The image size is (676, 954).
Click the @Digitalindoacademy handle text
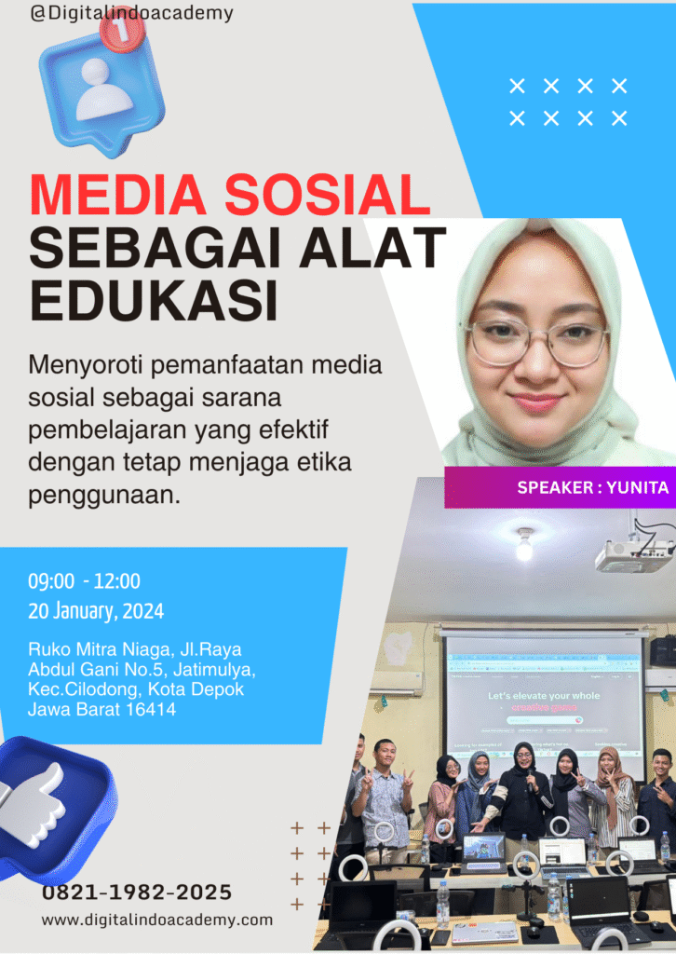click(x=131, y=13)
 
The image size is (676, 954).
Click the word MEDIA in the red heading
click(x=118, y=195)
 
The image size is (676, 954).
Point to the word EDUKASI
click(x=154, y=300)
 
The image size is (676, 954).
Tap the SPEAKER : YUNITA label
click(x=593, y=487)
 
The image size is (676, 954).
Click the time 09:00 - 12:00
click(x=84, y=581)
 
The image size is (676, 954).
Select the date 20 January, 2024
click(x=96, y=611)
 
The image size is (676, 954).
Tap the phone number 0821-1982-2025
click(x=137, y=893)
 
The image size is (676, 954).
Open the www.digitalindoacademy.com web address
click(x=156, y=920)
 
